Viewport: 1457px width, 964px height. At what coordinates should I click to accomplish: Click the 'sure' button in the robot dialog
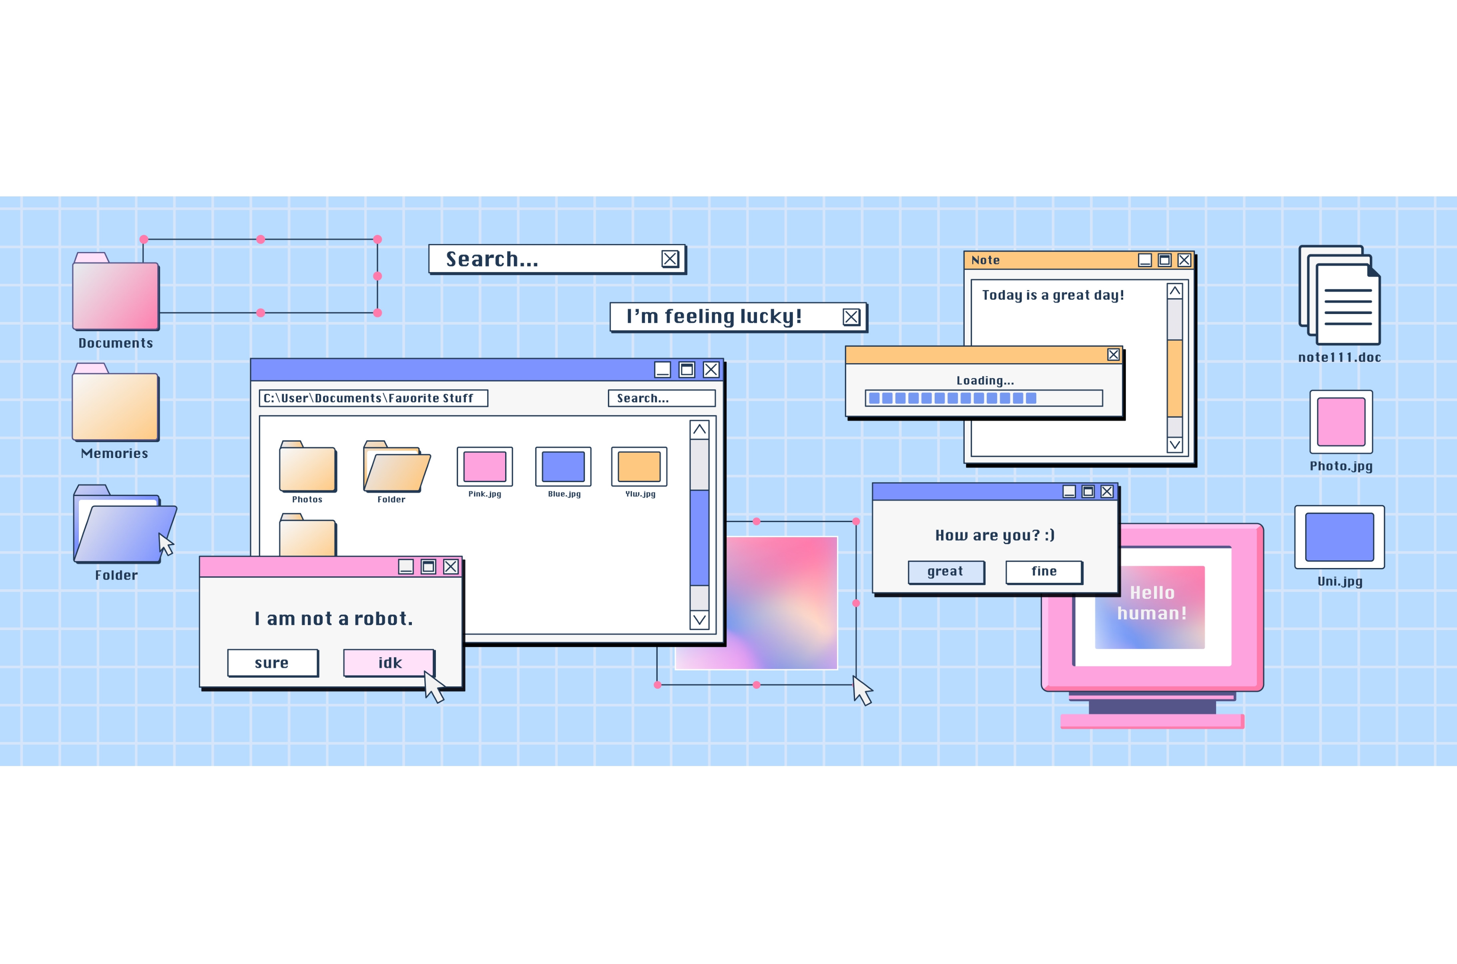273,663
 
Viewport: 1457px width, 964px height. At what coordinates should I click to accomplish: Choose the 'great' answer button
945,572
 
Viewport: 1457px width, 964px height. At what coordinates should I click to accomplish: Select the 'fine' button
1044,572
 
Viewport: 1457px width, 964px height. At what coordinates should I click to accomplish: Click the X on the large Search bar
670,259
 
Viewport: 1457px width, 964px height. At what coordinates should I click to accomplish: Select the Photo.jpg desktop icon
1341,422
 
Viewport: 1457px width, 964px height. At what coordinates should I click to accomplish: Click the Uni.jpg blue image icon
1340,537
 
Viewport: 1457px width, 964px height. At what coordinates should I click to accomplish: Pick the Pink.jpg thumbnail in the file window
485,467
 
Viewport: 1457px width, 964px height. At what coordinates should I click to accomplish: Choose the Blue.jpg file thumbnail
563,467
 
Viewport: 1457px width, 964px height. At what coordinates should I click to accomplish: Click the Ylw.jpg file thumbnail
639,467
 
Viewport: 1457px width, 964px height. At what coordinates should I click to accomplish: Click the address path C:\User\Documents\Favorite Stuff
373,398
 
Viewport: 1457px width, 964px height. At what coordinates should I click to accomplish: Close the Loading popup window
1113,355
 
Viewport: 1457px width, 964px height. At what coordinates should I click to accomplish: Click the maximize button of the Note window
1164,260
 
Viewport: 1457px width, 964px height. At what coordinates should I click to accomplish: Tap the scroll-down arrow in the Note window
1175,444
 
